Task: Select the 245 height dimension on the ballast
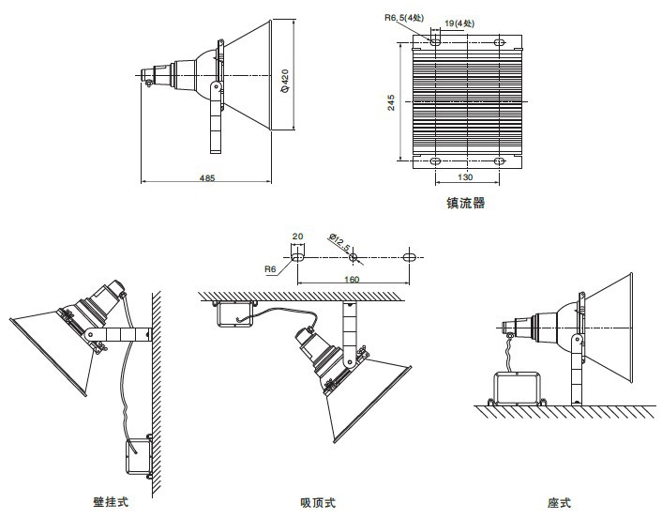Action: pos(391,101)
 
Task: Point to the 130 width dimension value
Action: pos(465,176)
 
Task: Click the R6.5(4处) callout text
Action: pos(402,16)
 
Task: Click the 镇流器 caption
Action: pos(466,202)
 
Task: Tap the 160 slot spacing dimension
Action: pos(353,279)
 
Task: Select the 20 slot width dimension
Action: pos(298,237)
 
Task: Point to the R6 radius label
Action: pos(270,268)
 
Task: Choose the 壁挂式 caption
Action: pos(111,502)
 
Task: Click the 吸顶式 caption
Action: pos(318,503)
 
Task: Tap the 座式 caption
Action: pos(559,503)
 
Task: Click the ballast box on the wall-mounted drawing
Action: pos(140,455)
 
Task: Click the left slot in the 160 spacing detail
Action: pos(298,255)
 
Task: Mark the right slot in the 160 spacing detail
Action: pos(410,255)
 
